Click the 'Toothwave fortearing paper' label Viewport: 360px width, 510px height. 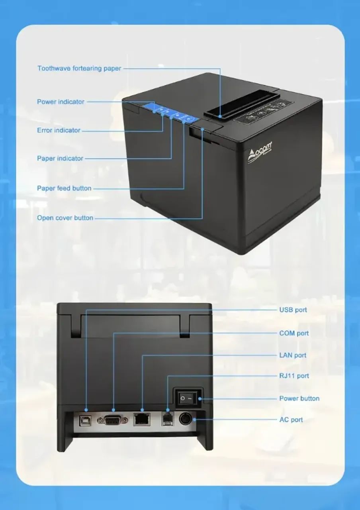tap(79, 68)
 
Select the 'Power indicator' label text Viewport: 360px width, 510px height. tap(61, 102)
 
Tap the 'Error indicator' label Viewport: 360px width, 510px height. tap(59, 130)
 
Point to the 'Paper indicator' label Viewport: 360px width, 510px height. tap(60, 158)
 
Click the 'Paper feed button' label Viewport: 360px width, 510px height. tap(64, 188)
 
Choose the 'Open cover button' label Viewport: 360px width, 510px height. tap(65, 218)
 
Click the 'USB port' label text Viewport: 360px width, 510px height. tap(293, 310)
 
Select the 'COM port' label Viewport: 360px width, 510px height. tap(294, 333)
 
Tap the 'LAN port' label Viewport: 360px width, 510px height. tap(293, 355)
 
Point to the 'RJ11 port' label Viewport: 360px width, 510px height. tap(294, 376)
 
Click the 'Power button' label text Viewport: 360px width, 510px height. tap(299, 398)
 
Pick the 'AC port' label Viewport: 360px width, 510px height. tap(291, 420)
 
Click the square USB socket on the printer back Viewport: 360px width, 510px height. tap(85, 421)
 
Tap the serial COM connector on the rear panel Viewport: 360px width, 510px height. tap(112, 420)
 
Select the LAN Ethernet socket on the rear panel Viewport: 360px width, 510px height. tap(142, 420)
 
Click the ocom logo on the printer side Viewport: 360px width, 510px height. tap(260, 151)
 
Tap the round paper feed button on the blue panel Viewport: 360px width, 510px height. tap(189, 119)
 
